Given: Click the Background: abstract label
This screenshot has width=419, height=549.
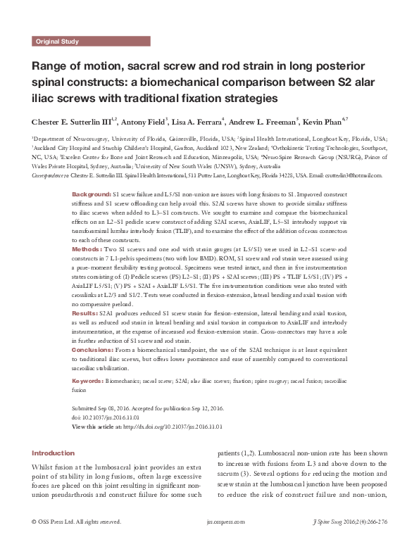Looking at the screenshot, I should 92,193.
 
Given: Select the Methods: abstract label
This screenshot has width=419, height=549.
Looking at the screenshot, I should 88,270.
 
